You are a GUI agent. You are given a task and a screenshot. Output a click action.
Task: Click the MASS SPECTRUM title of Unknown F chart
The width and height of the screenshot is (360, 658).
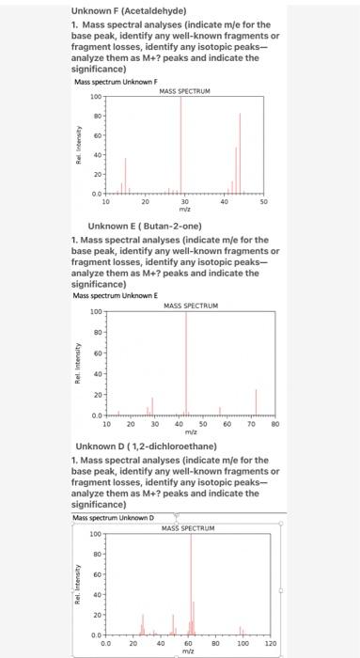[x=184, y=91]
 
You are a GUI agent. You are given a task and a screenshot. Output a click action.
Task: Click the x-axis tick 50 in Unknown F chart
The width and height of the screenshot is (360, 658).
[x=264, y=201]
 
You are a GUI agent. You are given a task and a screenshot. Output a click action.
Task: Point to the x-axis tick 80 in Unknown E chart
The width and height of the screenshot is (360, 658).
[x=275, y=424]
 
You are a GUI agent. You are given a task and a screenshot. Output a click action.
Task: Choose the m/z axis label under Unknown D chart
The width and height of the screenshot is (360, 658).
[x=188, y=651]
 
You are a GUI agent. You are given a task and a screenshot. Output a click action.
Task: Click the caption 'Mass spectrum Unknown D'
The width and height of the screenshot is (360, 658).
[x=112, y=518]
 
